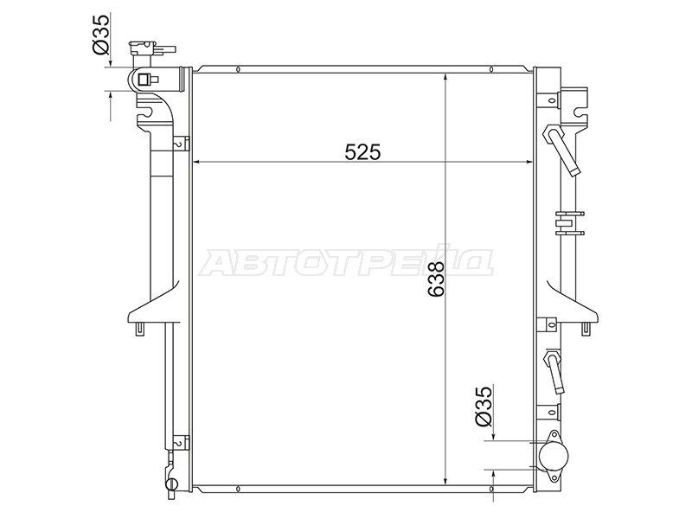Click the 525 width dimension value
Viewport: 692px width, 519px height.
coord(362,152)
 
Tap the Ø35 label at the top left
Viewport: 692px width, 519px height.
coord(100,35)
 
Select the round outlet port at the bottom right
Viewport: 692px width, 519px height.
coord(554,455)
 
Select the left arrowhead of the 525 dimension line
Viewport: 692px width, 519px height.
coord(198,162)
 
